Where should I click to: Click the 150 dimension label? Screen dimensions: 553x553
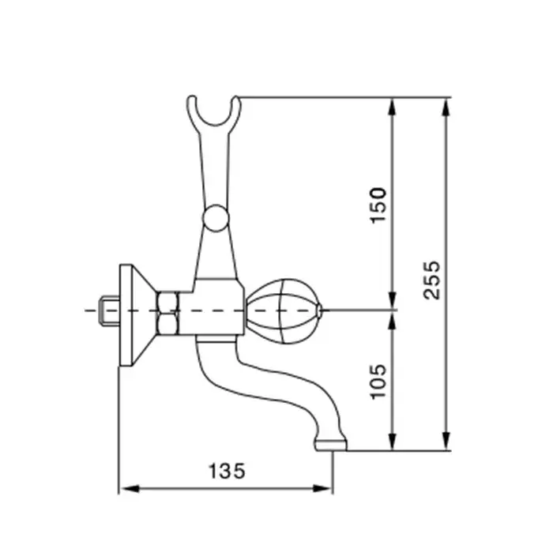pyautogui.click(x=378, y=205)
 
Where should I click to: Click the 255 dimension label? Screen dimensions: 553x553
pyautogui.click(x=431, y=280)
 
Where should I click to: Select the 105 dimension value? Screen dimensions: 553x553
pyautogui.click(x=378, y=382)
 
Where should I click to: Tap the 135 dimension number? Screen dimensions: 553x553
pyautogui.click(x=227, y=471)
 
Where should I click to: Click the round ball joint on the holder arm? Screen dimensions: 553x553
pyautogui.click(x=216, y=218)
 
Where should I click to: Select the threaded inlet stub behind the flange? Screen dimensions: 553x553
pyautogui.click(x=109, y=311)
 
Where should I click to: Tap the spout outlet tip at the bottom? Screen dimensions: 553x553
pyautogui.click(x=331, y=445)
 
